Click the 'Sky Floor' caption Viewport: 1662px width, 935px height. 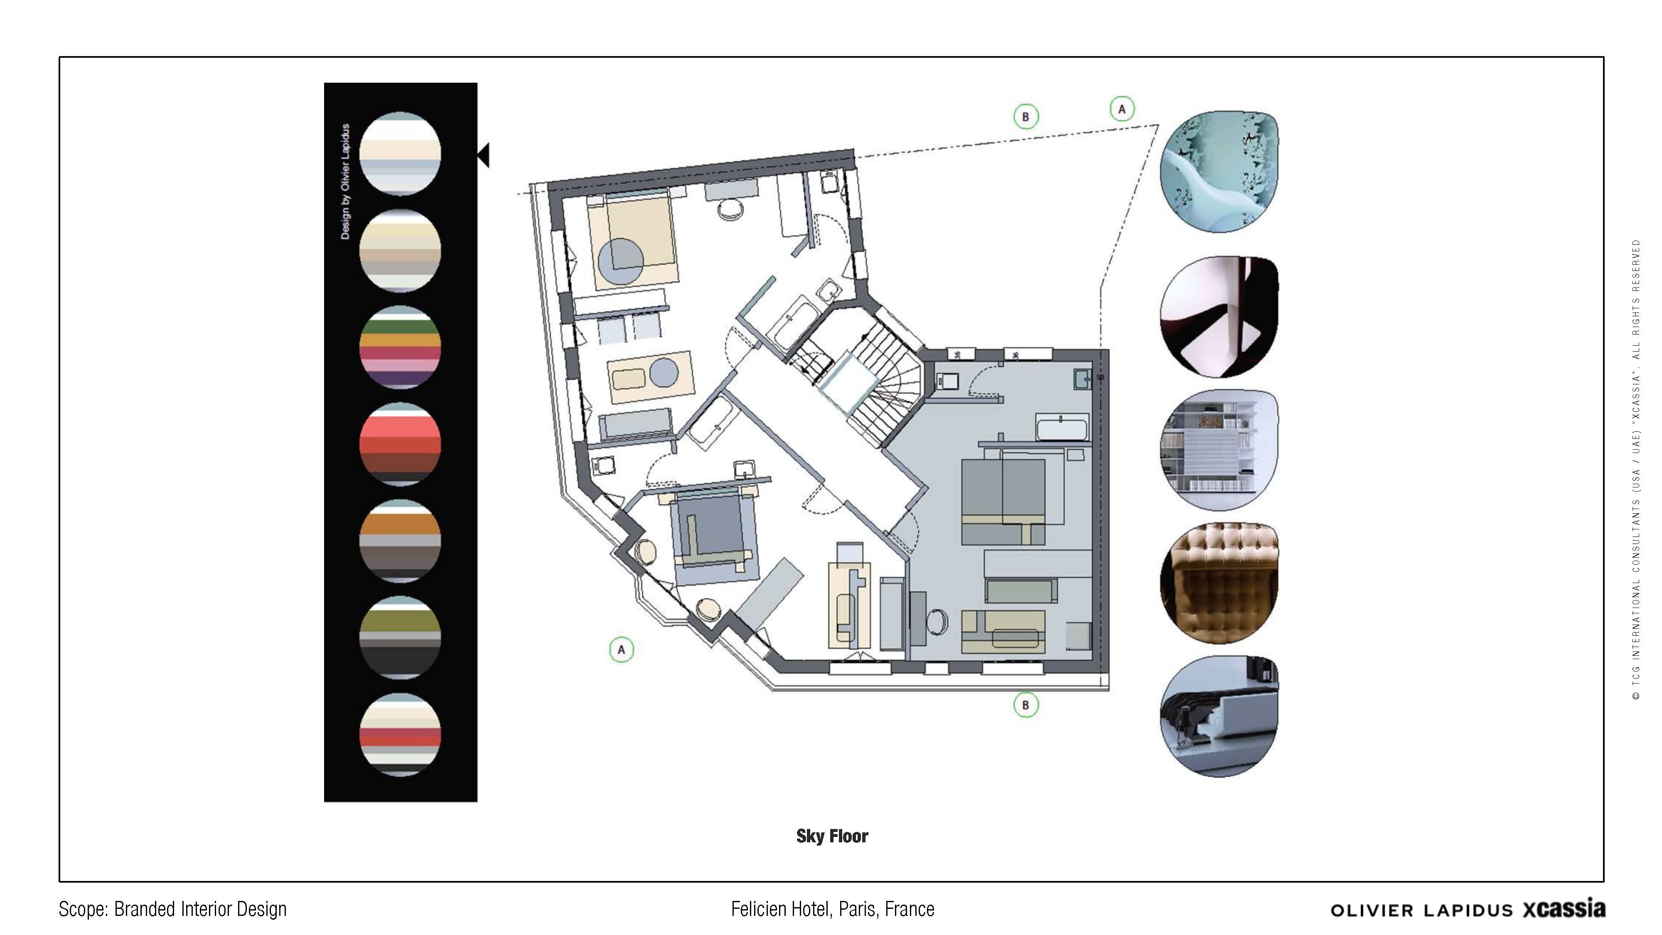832,836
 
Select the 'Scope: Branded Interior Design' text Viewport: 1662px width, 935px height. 172,909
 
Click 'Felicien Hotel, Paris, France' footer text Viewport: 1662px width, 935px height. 832,909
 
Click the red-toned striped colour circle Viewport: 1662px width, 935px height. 400,444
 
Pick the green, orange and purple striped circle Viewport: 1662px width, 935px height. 400,347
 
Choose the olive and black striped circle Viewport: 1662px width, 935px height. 400,637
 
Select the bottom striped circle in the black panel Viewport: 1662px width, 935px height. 400,734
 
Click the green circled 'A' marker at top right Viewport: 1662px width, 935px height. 1122,109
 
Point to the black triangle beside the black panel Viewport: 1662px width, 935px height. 484,155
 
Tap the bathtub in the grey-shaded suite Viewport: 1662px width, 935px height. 1061,428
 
